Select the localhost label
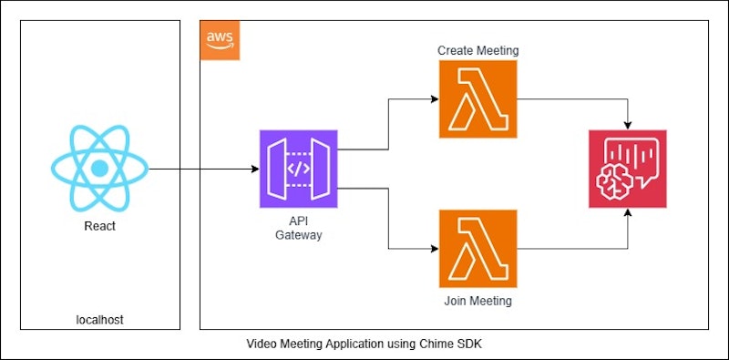tap(98, 319)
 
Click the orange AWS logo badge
tap(220, 40)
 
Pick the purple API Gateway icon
tap(298, 169)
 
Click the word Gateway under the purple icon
tap(298, 235)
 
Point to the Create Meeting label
tap(478, 50)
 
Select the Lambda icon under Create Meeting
tap(478, 99)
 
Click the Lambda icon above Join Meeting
tap(478, 248)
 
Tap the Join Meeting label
tap(478, 300)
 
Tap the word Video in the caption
tap(262, 344)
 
